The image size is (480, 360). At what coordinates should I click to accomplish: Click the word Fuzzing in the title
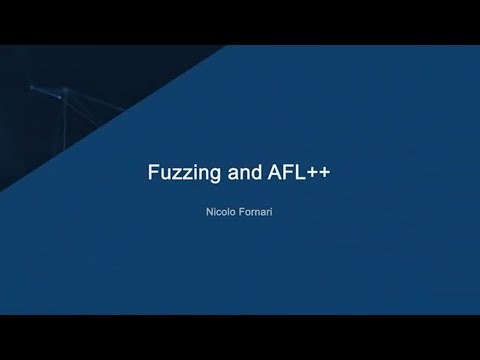tap(181, 171)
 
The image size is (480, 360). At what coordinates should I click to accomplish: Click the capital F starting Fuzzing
tap(153, 171)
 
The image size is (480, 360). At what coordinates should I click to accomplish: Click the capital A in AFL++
tap(275, 171)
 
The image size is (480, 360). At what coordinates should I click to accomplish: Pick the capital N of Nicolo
tap(205, 214)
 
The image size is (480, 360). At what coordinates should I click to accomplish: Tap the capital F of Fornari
tap(240, 214)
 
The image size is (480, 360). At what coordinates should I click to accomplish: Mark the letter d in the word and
tap(257, 171)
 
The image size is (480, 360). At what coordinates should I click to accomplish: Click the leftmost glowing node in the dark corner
tap(31, 88)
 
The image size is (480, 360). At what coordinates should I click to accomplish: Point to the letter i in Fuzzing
tap(192, 171)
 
